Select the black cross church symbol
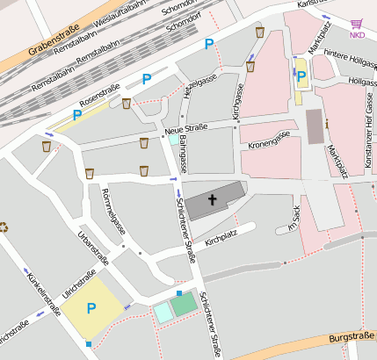[212, 200]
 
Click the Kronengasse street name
[270, 140]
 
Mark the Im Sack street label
[294, 217]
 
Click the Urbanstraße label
[93, 248]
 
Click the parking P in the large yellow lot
[91, 308]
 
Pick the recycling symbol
[4, 227]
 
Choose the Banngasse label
[183, 153]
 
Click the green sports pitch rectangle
[184, 305]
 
